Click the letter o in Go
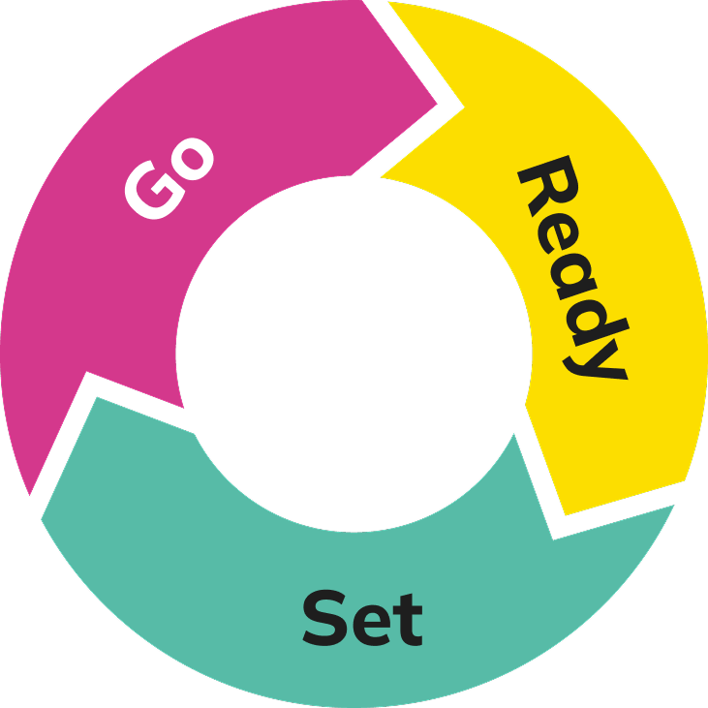coord(191,158)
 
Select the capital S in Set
coord(324,618)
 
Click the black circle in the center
coord(354,354)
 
